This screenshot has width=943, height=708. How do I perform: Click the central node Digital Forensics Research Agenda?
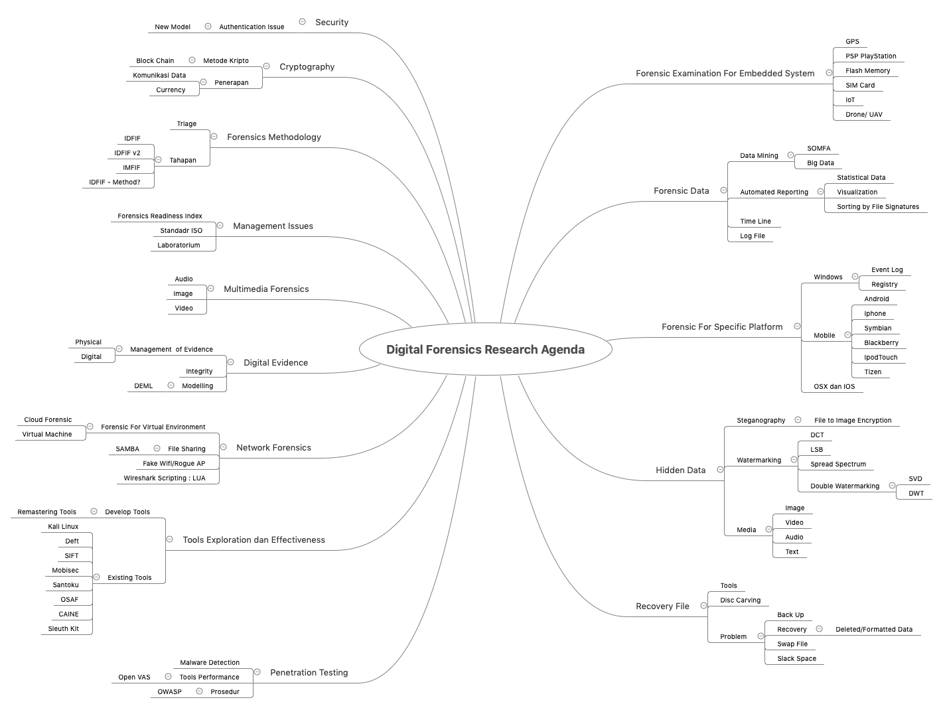click(x=485, y=350)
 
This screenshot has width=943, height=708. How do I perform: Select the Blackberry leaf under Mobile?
click(x=881, y=343)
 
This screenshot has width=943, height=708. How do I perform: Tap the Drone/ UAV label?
click(x=863, y=115)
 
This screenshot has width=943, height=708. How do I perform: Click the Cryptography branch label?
click(x=307, y=67)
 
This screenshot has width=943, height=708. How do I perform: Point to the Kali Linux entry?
click(x=63, y=527)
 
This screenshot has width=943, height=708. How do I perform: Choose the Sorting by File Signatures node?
click(x=877, y=207)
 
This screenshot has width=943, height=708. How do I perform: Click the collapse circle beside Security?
click(x=302, y=22)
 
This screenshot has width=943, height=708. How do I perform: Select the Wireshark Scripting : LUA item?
click(x=164, y=478)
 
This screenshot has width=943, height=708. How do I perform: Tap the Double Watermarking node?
click(x=844, y=486)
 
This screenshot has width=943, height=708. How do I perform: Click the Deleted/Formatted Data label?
click(x=873, y=630)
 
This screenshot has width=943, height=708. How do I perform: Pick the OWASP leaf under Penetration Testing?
click(x=169, y=692)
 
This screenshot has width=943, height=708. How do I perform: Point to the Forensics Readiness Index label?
click(x=159, y=216)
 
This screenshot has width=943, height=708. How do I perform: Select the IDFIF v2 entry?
click(x=127, y=153)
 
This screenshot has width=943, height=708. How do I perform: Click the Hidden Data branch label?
click(x=680, y=470)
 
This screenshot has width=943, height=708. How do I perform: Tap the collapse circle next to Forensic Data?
click(x=723, y=190)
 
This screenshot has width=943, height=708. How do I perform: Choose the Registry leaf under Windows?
click(x=884, y=285)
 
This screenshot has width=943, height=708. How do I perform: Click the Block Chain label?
click(x=155, y=61)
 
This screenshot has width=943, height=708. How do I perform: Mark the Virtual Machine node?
click(x=46, y=435)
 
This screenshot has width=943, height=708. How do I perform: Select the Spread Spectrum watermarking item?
click(x=837, y=464)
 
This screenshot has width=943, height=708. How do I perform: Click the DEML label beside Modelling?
click(x=143, y=386)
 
